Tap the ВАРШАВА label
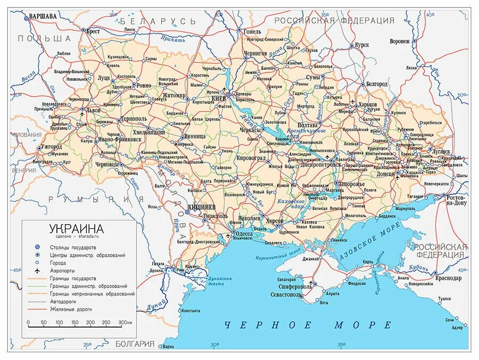[43, 17]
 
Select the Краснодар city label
[448, 278]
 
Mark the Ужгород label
[52, 146]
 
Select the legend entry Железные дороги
[71, 309]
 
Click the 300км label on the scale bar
[126, 323]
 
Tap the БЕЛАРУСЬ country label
[158, 21]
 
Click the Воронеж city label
[399, 41]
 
